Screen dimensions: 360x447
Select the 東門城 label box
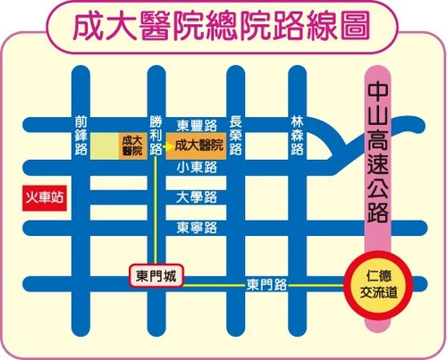pyautogui.click(x=155, y=276)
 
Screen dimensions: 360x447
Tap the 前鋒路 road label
pyautogui.click(x=81, y=135)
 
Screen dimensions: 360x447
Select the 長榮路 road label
pyautogui.click(x=236, y=135)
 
